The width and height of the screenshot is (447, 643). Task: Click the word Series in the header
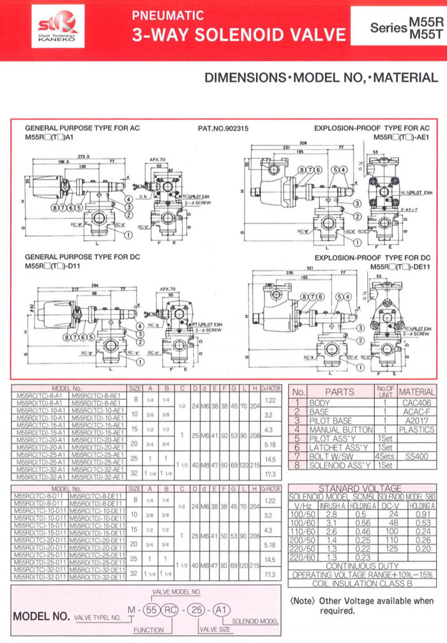[x=388, y=29]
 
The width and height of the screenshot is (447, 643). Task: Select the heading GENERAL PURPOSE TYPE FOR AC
[x=82, y=128]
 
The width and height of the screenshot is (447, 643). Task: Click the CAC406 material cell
[x=416, y=403]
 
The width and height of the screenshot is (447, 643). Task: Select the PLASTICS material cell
[x=416, y=430]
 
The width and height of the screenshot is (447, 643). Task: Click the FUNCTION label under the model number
[x=149, y=630]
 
